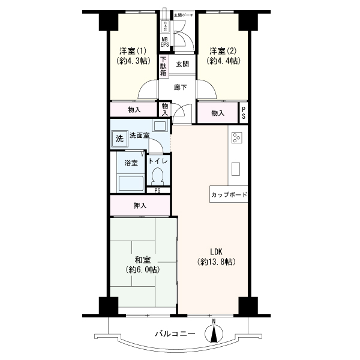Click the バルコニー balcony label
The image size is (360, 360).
[175, 333]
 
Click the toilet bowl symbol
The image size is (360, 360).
[158, 176]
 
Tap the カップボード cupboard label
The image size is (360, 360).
[229, 195]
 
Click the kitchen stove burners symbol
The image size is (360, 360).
[236, 137]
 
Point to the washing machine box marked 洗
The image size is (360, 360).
[119, 138]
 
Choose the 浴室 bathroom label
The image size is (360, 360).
[131, 162]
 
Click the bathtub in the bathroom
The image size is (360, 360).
[130, 182]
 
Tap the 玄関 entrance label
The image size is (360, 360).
[182, 64]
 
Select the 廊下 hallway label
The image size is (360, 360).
[180, 88]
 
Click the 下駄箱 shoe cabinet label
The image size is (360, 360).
[163, 66]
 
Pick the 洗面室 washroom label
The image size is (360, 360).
[139, 136]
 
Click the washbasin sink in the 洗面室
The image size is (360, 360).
[160, 125]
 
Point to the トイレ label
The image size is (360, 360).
[158, 161]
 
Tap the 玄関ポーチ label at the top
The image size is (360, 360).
[184, 13]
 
